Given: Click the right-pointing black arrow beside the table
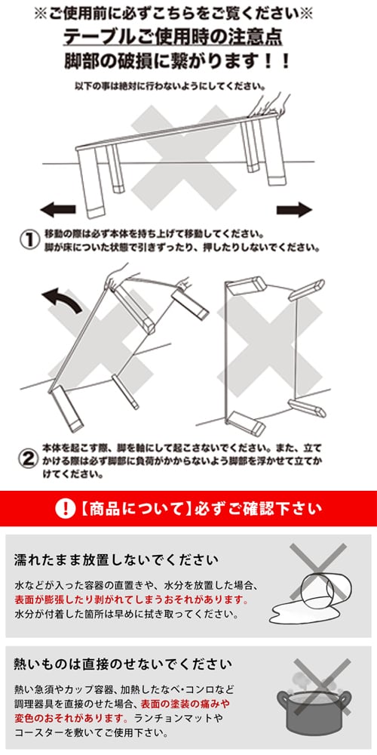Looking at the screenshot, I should pos(294,209).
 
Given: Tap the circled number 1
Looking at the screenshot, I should pos(28,239).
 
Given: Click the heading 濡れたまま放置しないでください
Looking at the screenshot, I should pos(116,560).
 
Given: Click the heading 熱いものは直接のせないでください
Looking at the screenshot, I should pos(123,664).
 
